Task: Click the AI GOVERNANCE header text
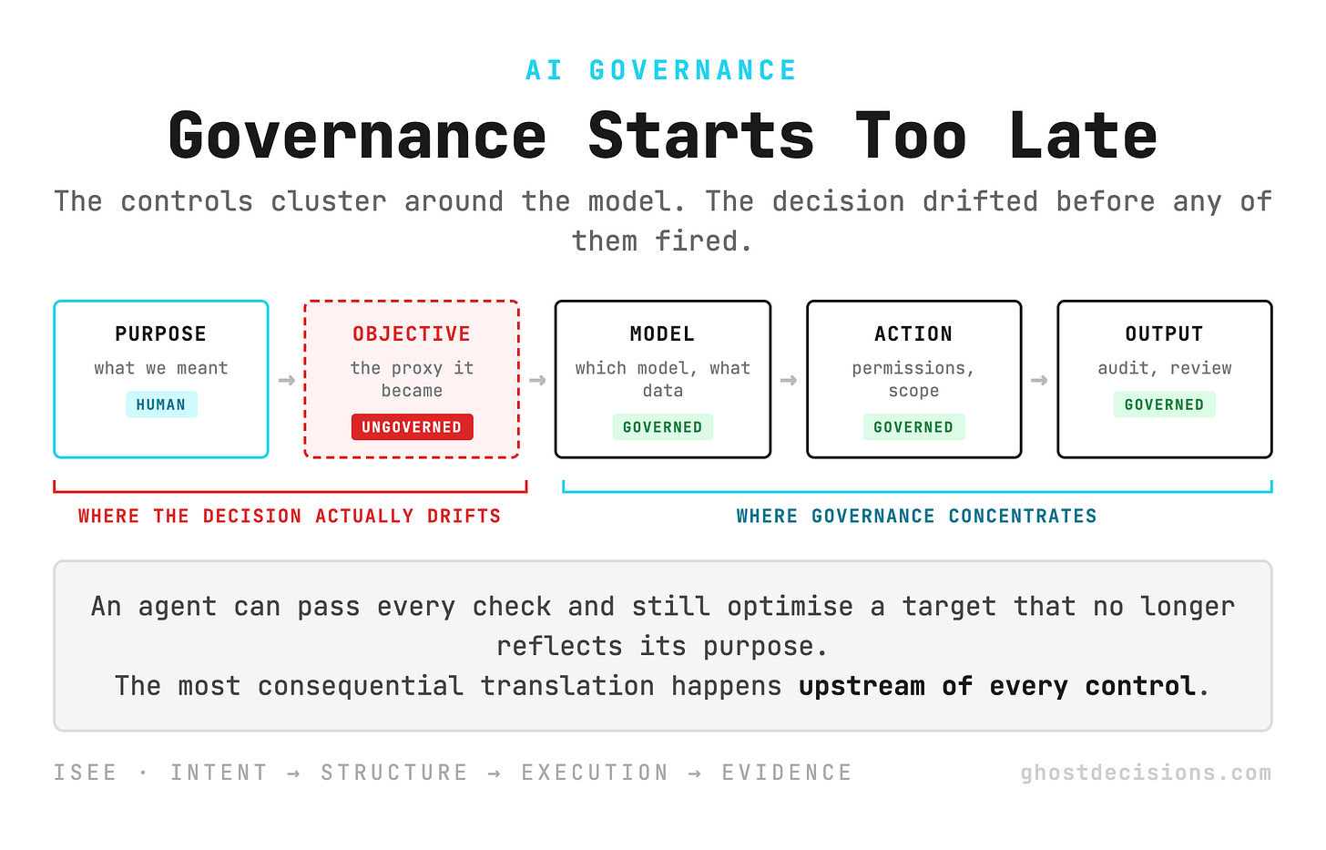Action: point(661,70)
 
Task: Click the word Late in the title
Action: point(1083,137)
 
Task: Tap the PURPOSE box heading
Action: point(160,334)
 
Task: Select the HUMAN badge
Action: point(161,405)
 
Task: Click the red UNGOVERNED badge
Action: point(412,427)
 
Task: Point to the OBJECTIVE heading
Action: point(412,334)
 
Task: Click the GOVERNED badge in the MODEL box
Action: point(662,427)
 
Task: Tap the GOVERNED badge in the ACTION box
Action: point(913,427)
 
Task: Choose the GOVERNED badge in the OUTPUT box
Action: point(1165,405)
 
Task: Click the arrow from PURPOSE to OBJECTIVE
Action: point(287,380)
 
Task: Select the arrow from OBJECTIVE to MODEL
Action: point(537,380)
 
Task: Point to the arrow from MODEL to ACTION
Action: point(789,380)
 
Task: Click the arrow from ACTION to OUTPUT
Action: point(1039,380)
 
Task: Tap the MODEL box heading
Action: point(662,334)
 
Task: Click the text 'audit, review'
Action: point(1165,368)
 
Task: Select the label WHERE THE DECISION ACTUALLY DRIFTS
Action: point(290,516)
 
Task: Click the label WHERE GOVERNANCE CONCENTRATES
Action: point(916,516)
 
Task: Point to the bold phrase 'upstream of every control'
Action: point(996,686)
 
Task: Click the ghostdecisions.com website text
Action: point(1146,773)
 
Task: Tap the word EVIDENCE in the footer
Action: point(787,773)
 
